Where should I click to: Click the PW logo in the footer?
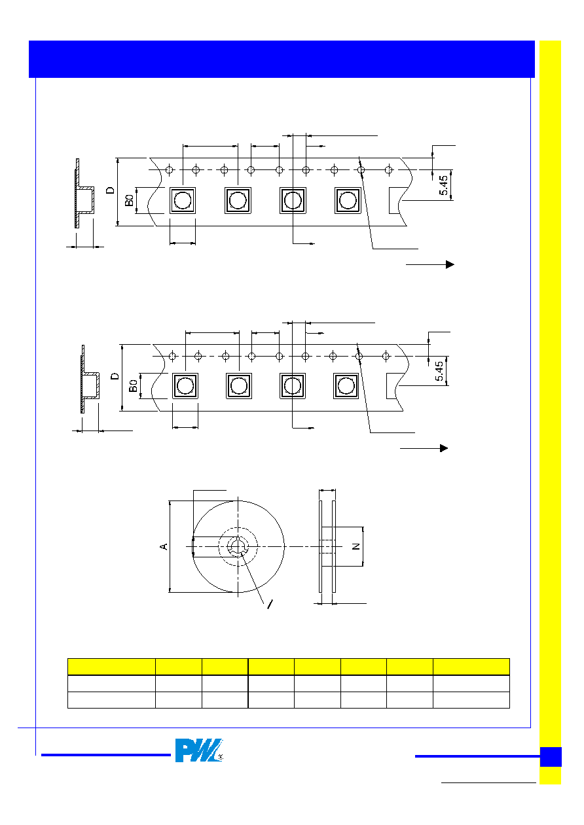point(198,750)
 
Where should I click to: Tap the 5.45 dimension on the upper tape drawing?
point(443,185)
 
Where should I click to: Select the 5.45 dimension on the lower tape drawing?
point(439,371)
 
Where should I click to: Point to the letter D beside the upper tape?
point(110,190)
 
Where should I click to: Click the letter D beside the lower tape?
point(115,376)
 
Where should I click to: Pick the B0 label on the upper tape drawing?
point(129,200)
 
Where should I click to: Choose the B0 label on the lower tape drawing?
point(133,386)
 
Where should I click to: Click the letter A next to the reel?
point(164,546)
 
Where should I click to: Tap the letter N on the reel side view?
point(356,546)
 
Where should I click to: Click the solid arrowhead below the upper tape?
point(450,264)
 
